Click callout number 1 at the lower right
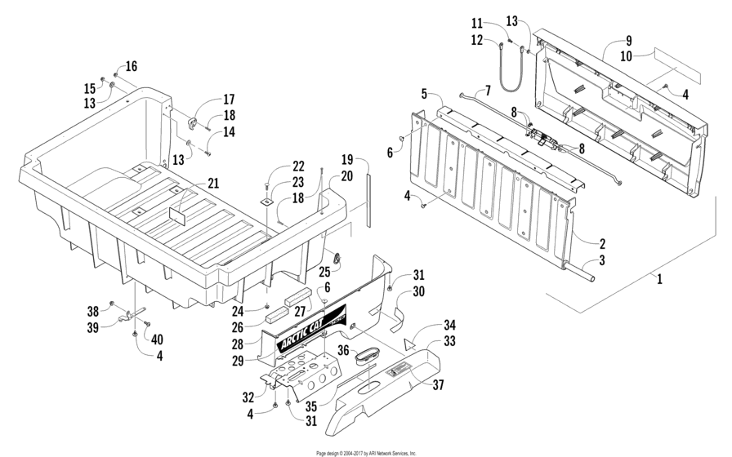click(x=658, y=278)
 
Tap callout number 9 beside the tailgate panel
click(x=629, y=40)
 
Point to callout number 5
click(x=424, y=93)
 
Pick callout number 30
click(x=418, y=291)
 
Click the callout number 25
click(x=324, y=270)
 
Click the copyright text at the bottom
click(x=366, y=452)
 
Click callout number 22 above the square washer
click(x=275, y=166)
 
